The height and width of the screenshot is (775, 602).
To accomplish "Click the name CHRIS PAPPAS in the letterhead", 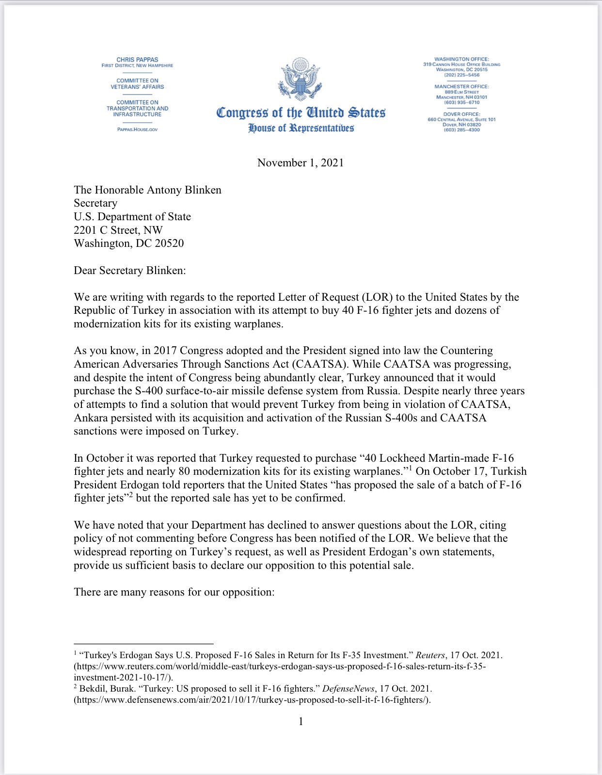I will click(137, 60).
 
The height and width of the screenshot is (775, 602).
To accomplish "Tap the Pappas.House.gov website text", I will click(137, 129).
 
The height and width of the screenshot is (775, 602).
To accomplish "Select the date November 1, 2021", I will click(301, 163).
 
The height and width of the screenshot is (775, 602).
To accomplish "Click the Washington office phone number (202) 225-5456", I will click(461, 75).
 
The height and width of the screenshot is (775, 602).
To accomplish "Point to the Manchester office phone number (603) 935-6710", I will click(461, 102).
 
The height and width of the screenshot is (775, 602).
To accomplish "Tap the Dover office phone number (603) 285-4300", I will click(461, 130).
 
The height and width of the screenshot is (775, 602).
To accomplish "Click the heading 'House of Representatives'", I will click(301, 129).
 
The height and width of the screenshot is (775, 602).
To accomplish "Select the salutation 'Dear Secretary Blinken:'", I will click(129, 271).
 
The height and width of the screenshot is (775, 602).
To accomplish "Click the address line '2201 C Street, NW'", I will click(118, 230).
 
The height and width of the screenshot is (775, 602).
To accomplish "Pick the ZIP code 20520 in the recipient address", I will click(169, 243).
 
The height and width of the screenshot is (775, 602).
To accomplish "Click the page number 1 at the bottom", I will click(301, 722).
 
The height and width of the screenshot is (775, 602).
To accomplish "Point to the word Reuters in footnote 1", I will click(430, 655).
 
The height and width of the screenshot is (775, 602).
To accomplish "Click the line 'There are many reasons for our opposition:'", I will click(174, 592).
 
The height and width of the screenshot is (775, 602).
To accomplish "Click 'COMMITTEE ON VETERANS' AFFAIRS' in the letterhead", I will click(137, 84).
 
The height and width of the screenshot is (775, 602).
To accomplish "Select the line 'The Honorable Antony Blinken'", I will click(147, 190).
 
